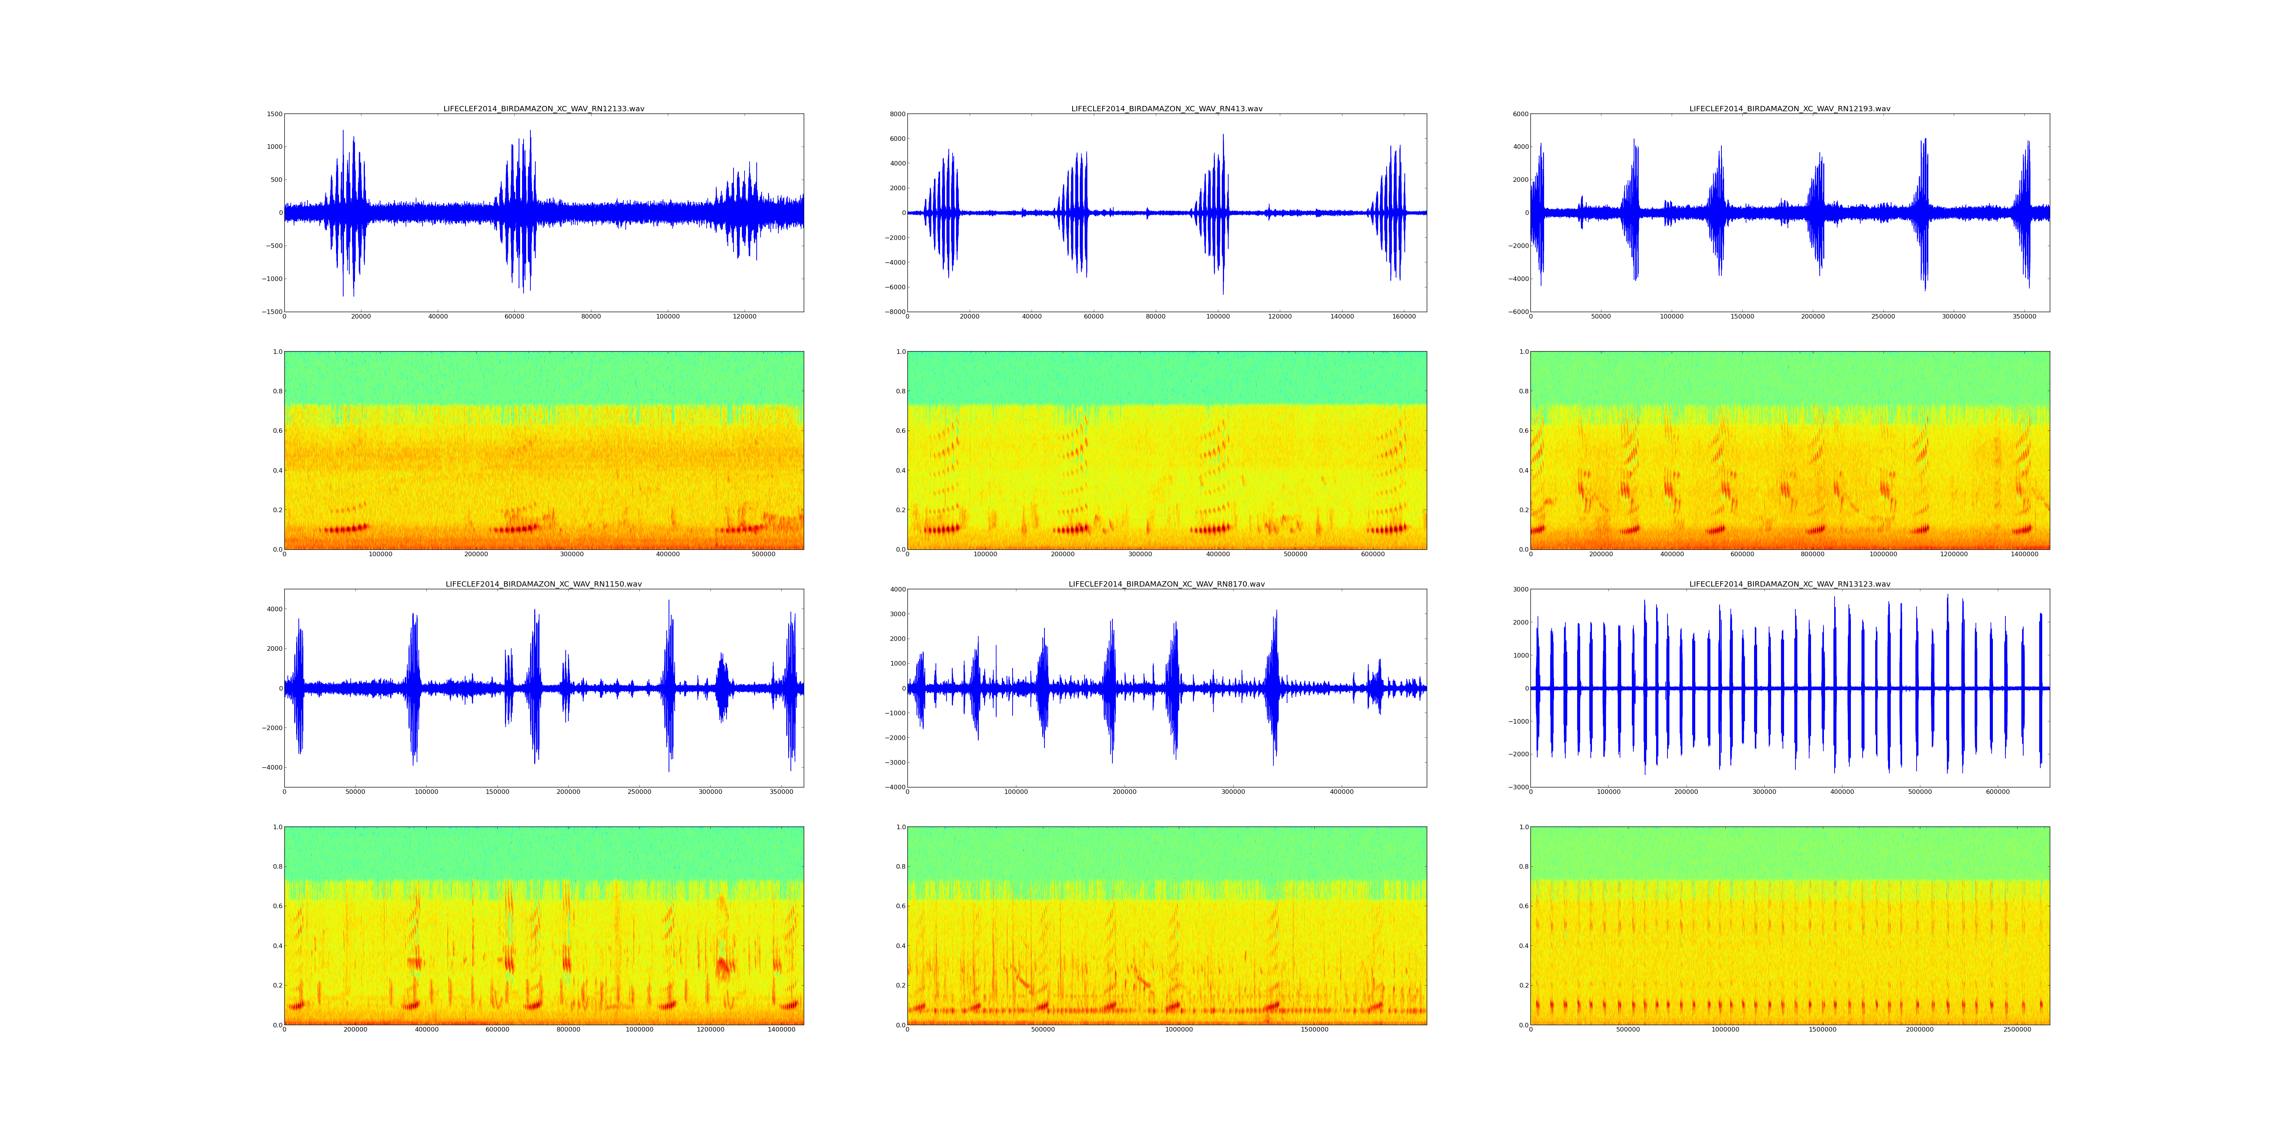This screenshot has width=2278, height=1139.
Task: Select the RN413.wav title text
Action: pyautogui.click(x=1166, y=109)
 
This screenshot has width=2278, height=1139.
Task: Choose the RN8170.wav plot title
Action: pyautogui.click(x=1166, y=585)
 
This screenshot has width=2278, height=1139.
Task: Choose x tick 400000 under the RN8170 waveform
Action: pyautogui.click(x=1341, y=792)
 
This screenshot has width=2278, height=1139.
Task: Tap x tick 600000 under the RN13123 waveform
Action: pyautogui.click(x=1998, y=792)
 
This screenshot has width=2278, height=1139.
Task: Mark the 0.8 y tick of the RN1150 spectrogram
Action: pyautogui.click(x=277, y=867)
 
